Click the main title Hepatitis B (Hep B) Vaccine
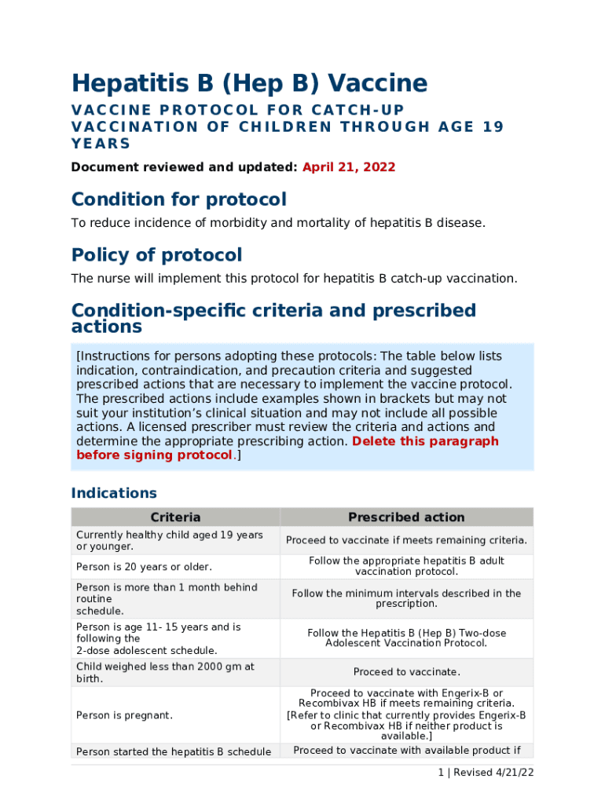pyautogui.click(x=249, y=83)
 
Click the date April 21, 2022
pyautogui.click(x=349, y=167)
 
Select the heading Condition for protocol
pyautogui.click(x=178, y=199)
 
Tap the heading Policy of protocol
pyautogui.click(x=156, y=255)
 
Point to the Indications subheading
pyautogui.click(x=114, y=493)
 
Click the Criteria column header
pyautogui.click(x=175, y=517)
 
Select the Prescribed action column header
pyautogui.click(x=406, y=517)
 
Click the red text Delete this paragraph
pyautogui.click(x=425, y=441)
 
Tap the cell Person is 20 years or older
pyautogui.click(x=144, y=567)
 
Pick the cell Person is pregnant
pyautogui.click(x=124, y=715)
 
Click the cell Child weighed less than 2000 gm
pyautogui.click(x=165, y=672)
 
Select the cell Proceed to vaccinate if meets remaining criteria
pyautogui.click(x=406, y=540)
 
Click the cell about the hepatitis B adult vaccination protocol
pyautogui.click(x=406, y=566)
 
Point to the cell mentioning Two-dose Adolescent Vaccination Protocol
pyautogui.click(x=406, y=638)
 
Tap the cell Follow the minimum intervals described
pyautogui.click(x=406, y=598)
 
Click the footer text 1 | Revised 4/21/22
pyautogui.click(x=486, y=773)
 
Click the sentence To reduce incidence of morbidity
pyautogui.click(x=278, y=223)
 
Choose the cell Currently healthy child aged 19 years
pyautogui.click(x=169, y=540)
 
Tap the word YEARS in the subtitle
pyautogui.click(x=101, y=144)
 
